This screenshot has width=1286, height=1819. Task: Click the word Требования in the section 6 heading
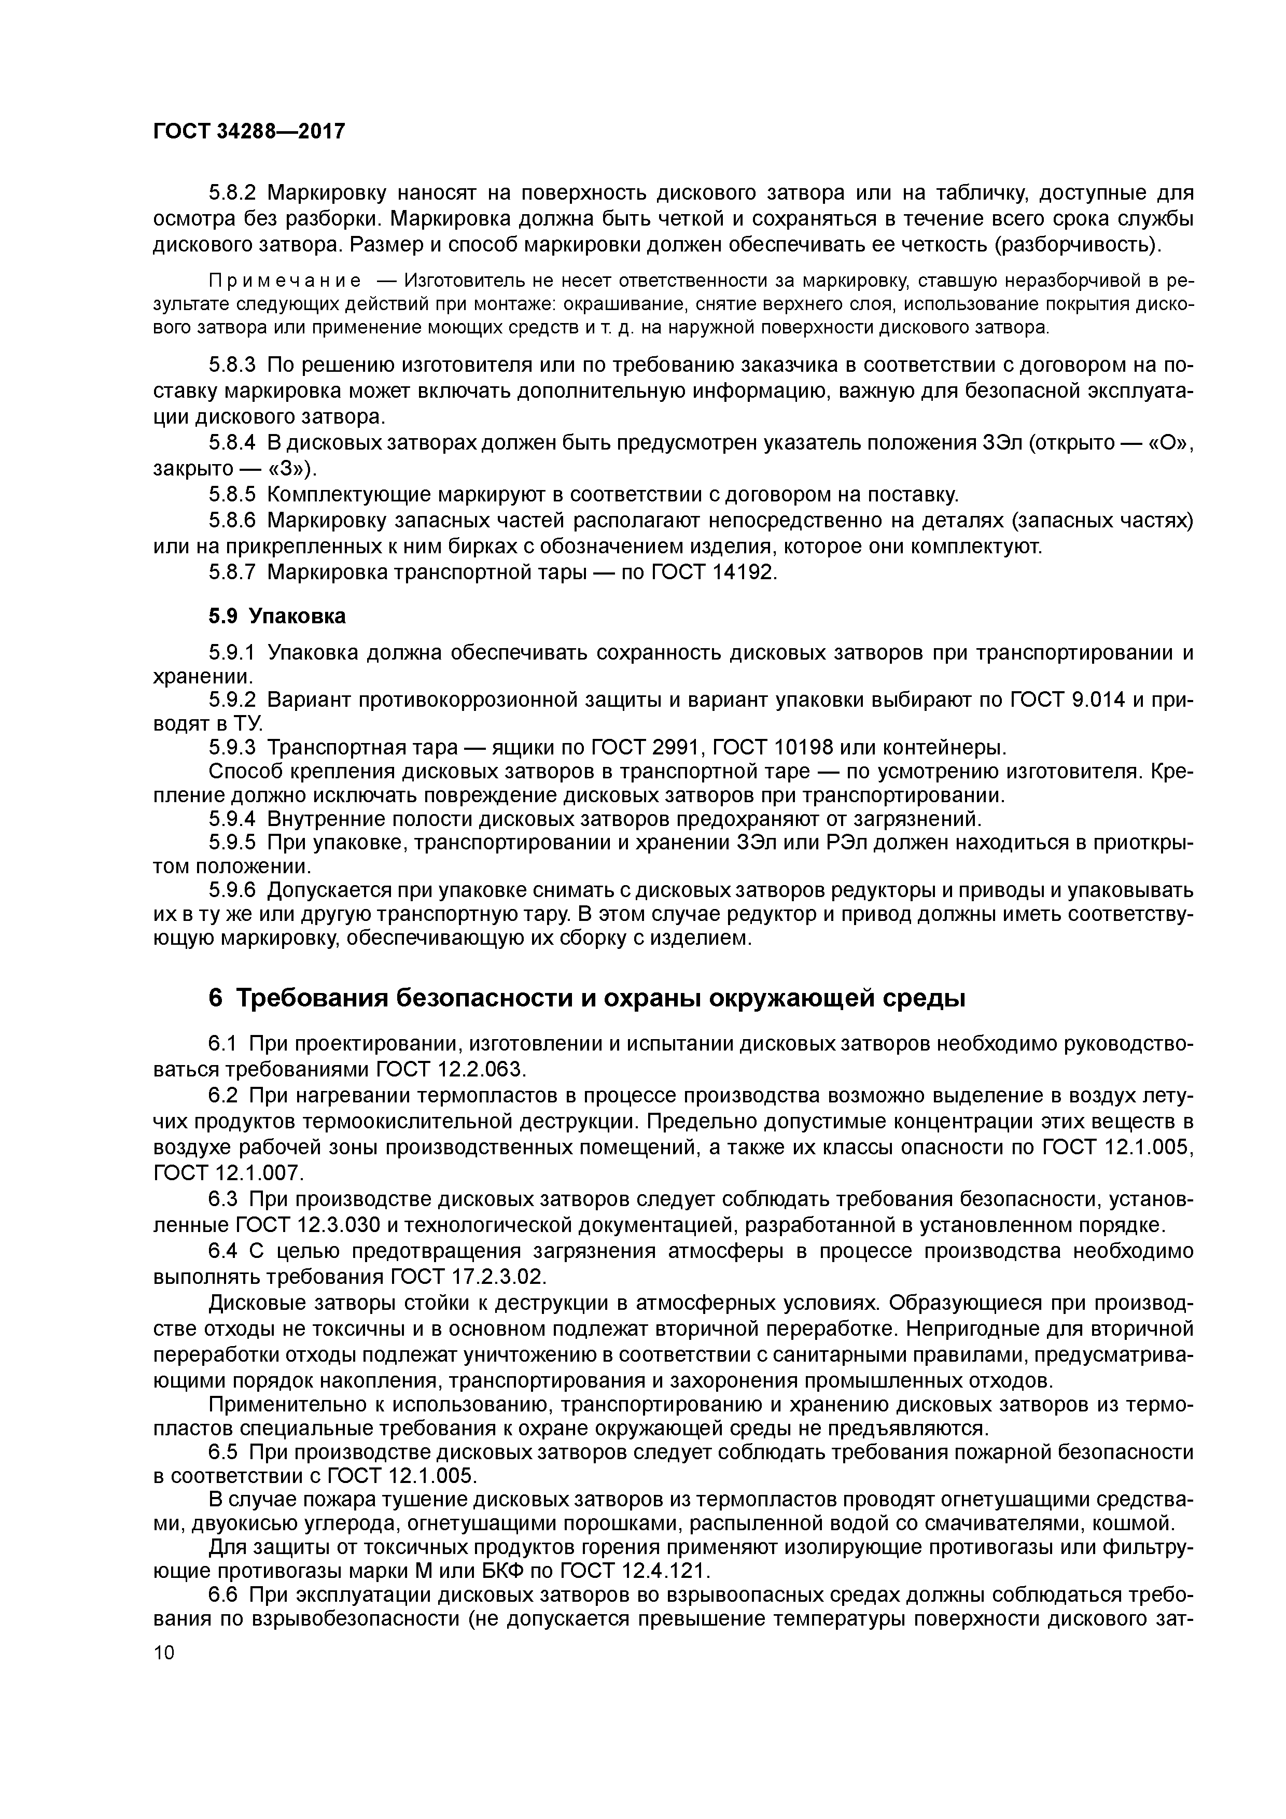point(317,999)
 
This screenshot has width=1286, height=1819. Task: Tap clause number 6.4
point(223,1252)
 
